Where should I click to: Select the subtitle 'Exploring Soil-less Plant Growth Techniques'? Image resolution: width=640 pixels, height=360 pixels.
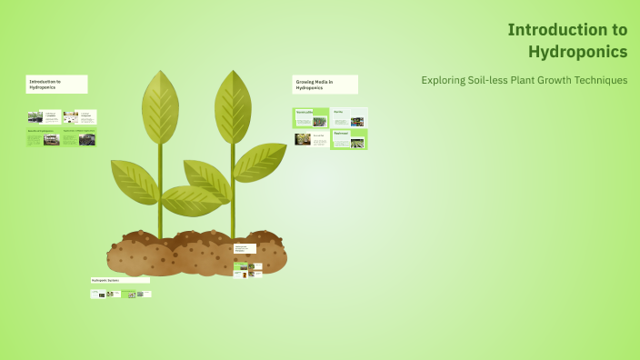[524, 80]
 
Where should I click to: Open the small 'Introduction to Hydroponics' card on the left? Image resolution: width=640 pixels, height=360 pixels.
[56, 85]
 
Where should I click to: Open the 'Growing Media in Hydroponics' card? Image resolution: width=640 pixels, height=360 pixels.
[325, 85]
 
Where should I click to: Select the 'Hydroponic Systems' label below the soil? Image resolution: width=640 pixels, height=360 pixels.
[120, 280]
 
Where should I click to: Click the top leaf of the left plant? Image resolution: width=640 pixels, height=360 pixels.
[160, 105]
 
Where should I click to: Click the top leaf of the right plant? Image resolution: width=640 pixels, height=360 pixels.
[233, 105]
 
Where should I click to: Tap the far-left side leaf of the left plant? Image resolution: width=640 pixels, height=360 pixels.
[133, 179]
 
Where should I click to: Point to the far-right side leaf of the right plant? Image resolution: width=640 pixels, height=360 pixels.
[260, 161]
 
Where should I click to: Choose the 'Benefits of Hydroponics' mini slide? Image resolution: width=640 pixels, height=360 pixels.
[44, 137]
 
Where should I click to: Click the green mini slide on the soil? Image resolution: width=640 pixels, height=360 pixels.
[241, 270]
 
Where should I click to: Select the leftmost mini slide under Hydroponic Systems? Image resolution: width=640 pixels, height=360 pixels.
[97, 294]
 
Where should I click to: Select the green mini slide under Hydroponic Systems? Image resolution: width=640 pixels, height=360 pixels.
[128, 294]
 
